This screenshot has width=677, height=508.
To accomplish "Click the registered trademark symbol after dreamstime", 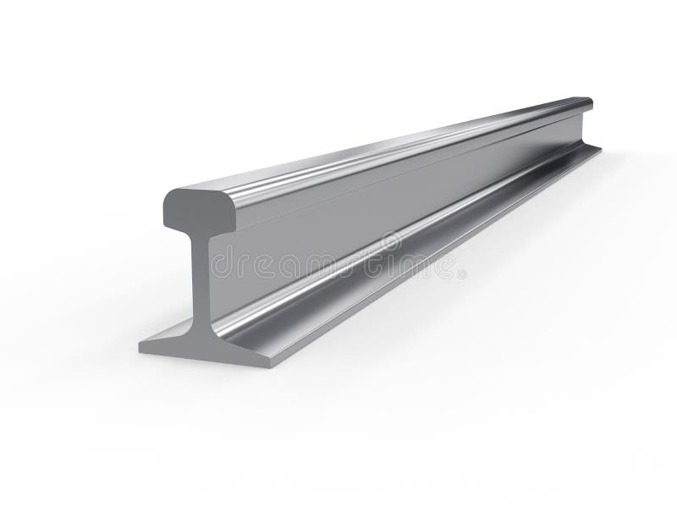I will coord(461,273).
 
